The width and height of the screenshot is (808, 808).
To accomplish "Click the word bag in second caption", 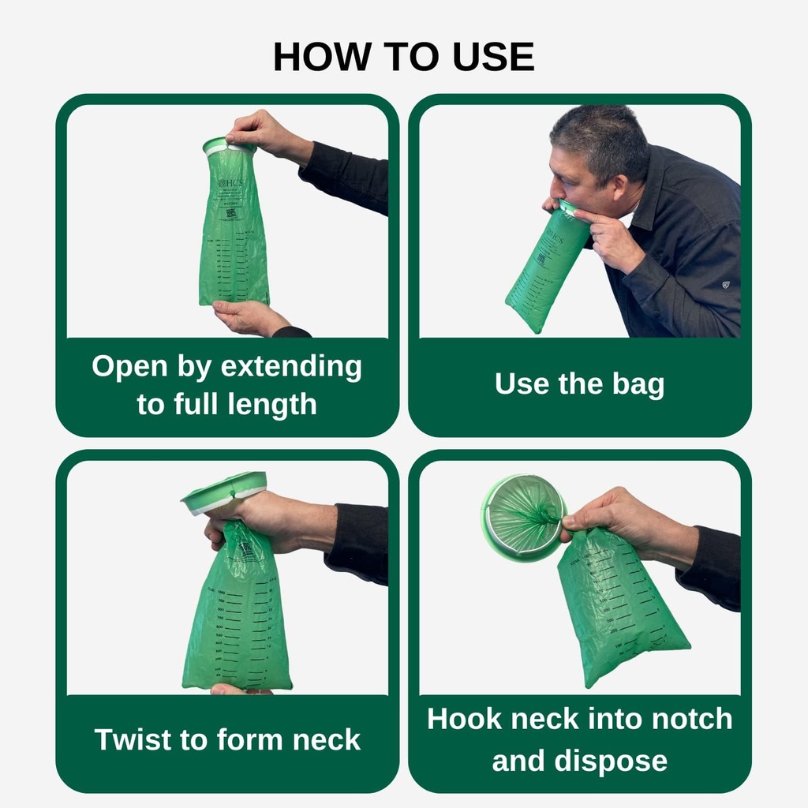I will [x=638, y=384].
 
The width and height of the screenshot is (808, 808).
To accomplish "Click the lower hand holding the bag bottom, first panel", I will [x=246, y=318].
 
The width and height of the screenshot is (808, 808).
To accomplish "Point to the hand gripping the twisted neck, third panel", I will [x=260, y=521].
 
